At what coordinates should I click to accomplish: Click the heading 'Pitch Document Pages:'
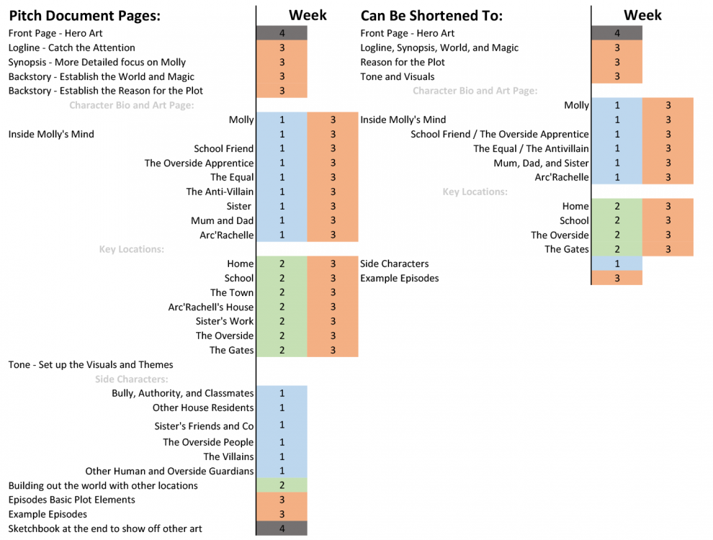[84, 16]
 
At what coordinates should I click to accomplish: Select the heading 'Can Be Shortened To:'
[431, 16]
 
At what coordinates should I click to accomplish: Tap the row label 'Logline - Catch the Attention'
[72, 48]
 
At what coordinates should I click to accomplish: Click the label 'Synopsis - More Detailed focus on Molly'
[97, 62]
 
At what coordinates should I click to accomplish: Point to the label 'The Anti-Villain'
[220, 192]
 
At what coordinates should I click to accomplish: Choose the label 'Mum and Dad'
[222, 220]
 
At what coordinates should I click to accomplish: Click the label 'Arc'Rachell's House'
[211, 307]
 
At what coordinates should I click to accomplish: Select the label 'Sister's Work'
[225, 321]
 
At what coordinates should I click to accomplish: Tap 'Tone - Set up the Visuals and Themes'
[91, 364]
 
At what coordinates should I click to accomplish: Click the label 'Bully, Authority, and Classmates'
[183, 393]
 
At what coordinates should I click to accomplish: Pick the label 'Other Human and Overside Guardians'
[170, 471]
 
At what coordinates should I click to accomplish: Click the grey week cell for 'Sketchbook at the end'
[282, 528]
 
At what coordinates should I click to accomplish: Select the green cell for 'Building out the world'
[282, 485]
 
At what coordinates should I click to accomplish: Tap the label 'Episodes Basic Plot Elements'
[72, 500]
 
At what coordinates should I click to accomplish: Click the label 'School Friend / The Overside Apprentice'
[499, 134]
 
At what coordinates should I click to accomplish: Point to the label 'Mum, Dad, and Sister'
[541, 163]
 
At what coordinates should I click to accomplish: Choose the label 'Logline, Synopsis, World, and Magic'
[439, 48]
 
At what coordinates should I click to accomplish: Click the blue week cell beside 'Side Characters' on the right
[617, 264]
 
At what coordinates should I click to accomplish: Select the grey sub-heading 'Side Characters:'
[131, 379]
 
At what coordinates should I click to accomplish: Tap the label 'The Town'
[232, 293]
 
